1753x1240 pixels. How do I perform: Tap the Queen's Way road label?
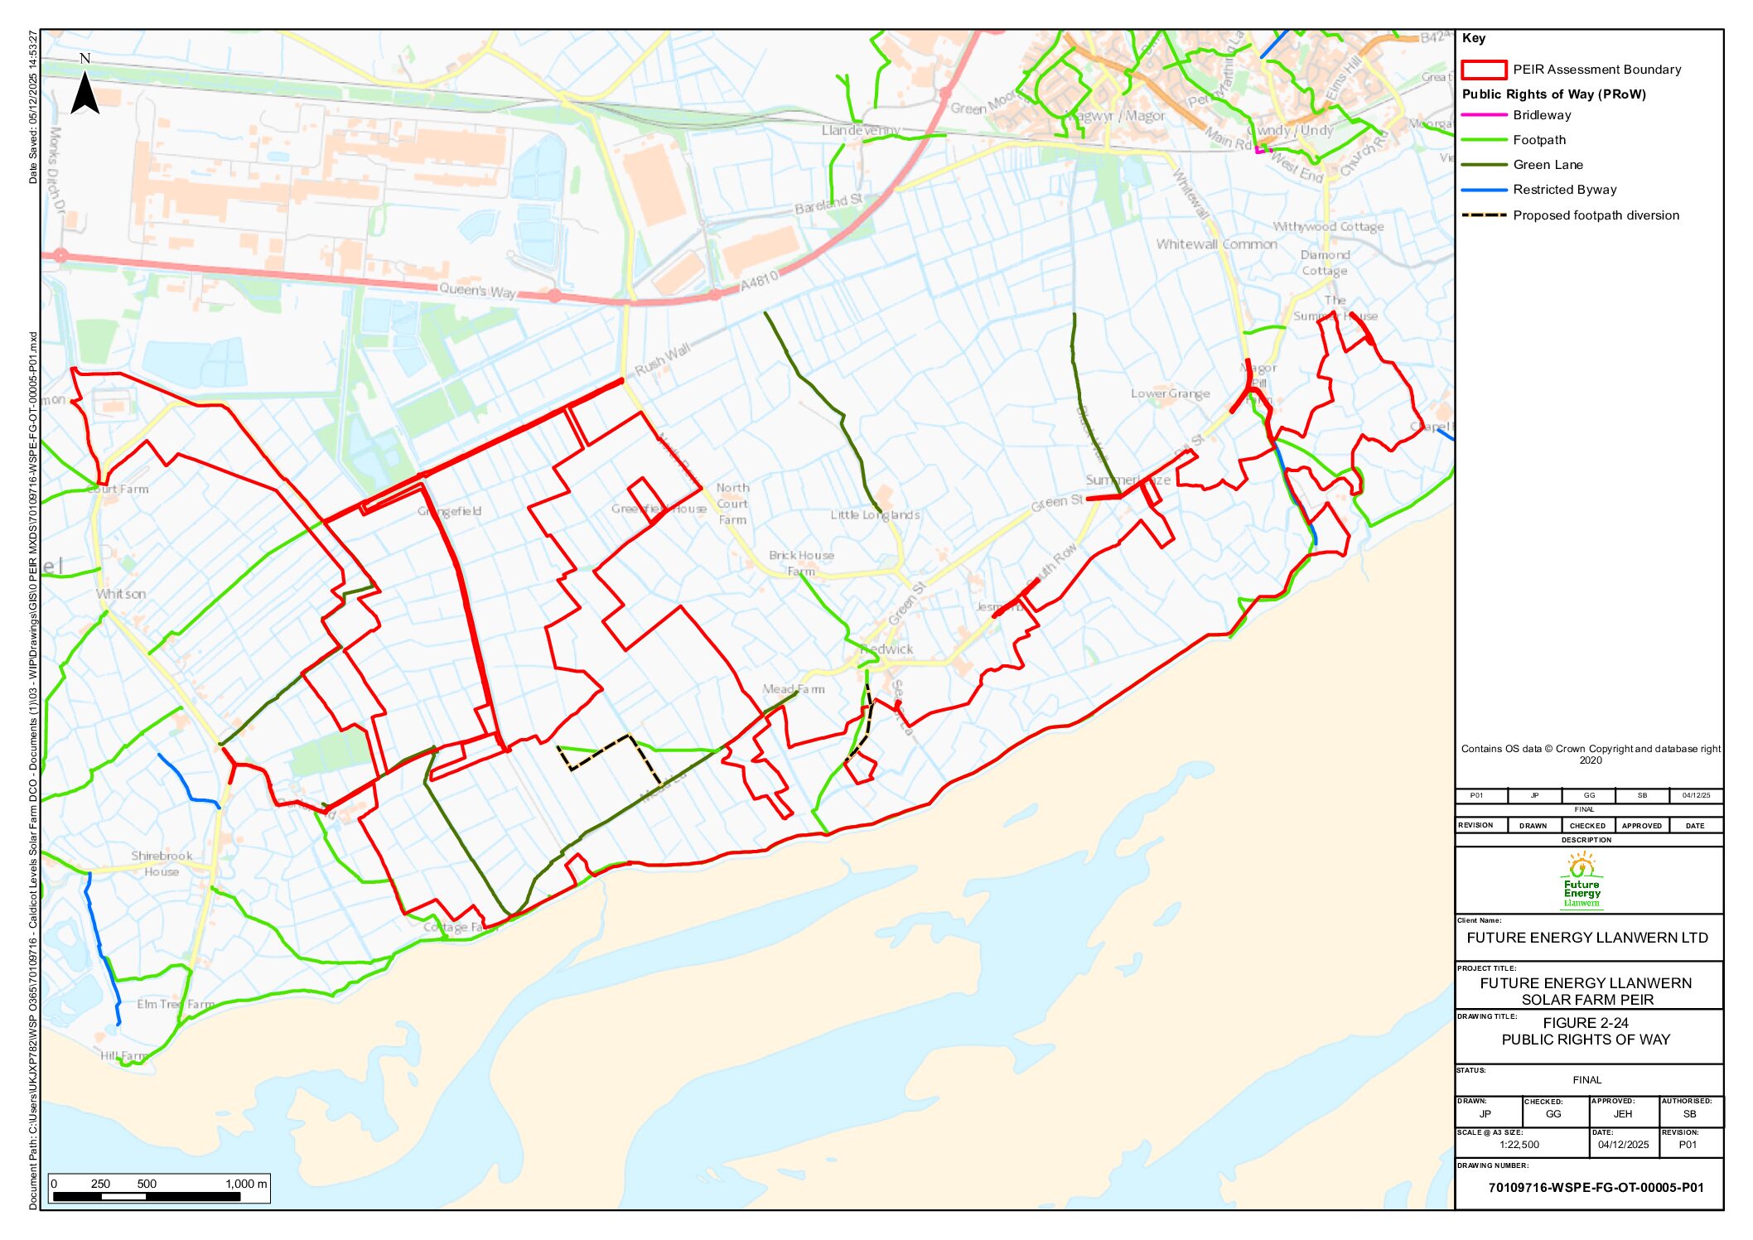(x=476, y=291)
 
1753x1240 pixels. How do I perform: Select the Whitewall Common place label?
(x=1216, y=244)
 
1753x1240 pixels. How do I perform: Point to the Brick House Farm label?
(x=800, y=563)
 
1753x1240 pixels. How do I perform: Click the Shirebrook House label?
(x=162, y=863)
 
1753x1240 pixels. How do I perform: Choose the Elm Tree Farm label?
(x=176, y=1004)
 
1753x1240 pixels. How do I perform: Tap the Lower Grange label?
(x=1170, y=393)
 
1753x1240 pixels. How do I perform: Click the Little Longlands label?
(x=875, y=514)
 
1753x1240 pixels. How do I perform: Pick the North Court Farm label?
(x=732, y=504)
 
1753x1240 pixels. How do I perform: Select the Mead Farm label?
(x=793, y=688)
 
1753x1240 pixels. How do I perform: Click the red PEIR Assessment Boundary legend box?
(x=1483, y=70)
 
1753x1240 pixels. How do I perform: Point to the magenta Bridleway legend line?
(x=1484, y=115)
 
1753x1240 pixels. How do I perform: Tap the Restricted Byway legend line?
(x=1484, y=190)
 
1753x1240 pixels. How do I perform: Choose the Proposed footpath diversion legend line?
(x=1484, y=215)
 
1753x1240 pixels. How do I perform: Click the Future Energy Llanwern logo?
(x=1582, y=882)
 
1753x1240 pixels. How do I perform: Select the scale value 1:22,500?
(x=1519, y=1145)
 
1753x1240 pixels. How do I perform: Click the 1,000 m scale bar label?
(x=246, y=1184)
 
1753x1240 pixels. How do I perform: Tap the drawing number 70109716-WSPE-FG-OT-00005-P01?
(x=1596, y=1187)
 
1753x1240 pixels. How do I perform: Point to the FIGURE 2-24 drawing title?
(x=1586, y=1023)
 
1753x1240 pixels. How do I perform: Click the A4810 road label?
(x=759, y=281)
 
